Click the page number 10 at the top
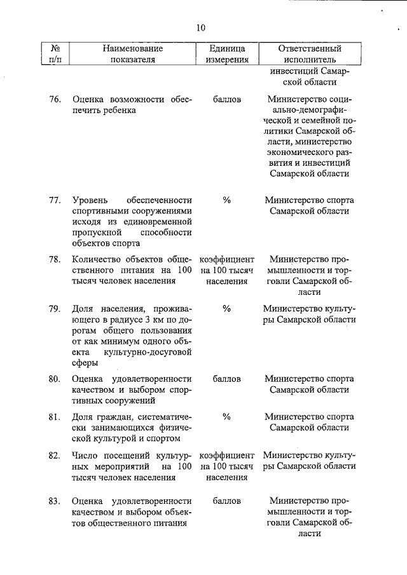click(x=201, y=27)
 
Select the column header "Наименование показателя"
click(x=131, y=54)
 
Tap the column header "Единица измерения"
click(x=226, y=54)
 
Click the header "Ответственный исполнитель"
click(x=310, y=54)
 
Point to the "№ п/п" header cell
click(x=55, y=54)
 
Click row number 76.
click(x=55, y=100)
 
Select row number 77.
click(x=55, y=201)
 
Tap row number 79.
click(x=55, y=309)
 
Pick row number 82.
click(x=55, y=456)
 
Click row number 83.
click(x=55, y=501)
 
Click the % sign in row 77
click(x=226, y=201)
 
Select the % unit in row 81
click(x=226, y=416)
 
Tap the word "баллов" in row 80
click(x=226, y=379)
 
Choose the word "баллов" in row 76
click(x=226, y=100)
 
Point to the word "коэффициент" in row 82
click(x=227, y=456)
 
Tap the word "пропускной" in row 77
click(x=95, y=233)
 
